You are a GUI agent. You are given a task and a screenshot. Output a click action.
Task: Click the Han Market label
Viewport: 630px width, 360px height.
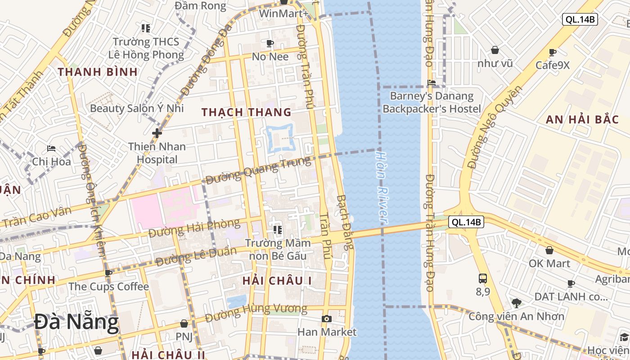pos(327,332)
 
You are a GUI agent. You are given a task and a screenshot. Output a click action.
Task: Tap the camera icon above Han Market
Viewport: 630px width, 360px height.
pos(327,319)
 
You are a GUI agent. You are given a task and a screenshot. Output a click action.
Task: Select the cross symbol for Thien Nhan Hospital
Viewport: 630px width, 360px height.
pos(157,133)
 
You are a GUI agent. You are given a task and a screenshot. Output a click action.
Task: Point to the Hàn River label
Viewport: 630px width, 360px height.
pos(381,186)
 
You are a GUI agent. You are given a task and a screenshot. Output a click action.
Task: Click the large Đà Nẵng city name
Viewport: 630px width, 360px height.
pos(76,322)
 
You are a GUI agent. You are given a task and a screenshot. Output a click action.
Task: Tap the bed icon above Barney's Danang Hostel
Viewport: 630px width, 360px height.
pos(432,82)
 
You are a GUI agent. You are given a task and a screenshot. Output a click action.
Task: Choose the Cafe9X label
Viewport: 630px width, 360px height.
pos(553,65)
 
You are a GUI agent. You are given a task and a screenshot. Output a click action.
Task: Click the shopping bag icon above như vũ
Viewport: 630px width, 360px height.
pos(495,50)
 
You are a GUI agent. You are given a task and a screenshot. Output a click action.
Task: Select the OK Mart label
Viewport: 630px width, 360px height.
pos(549,263)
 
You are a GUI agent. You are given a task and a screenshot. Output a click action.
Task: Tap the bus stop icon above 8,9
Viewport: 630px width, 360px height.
pos(483,278)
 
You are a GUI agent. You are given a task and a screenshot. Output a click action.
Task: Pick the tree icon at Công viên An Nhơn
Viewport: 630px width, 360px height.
pos(516,303)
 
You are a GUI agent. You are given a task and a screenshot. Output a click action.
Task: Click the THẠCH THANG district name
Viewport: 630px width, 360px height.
pos(247,112)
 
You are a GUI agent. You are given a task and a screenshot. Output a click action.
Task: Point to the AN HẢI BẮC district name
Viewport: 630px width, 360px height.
pos(577,120)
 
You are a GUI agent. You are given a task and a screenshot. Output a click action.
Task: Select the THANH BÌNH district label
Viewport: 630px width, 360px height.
pos(98,72)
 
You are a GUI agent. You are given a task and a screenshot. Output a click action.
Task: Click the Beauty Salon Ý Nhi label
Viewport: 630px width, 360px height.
pos(137,108)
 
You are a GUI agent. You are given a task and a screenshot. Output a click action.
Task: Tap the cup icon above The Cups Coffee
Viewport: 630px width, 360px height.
pos(108,273)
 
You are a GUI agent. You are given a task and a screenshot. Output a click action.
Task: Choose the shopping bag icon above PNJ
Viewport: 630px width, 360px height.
pos(184,324)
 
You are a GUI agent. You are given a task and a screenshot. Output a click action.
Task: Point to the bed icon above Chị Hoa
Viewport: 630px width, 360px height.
pos(51,148)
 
